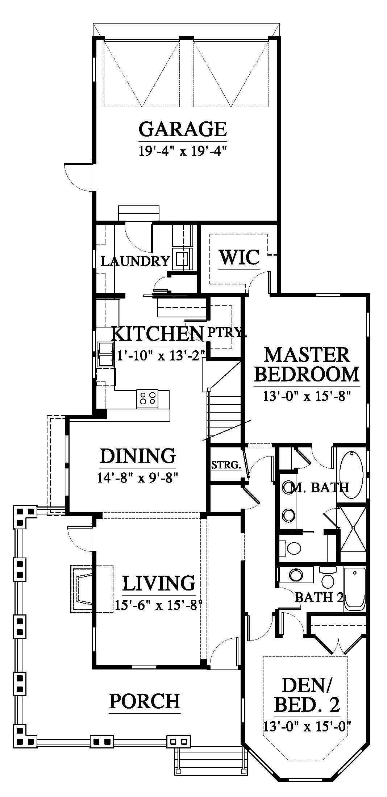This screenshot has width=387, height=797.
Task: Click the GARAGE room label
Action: click(183, 129)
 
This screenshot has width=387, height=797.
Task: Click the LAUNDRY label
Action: click(135, 261)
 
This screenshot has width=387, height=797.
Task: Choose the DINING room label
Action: click(138, 456)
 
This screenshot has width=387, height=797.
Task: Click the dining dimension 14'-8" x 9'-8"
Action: click(137, 478)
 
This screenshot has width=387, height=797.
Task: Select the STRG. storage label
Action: click(226, 465)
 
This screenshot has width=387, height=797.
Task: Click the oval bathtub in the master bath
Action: click(350, 475)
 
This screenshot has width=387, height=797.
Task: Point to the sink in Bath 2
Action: click(296, 575)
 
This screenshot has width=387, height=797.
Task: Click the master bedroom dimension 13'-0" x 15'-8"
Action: click(307, 396)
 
